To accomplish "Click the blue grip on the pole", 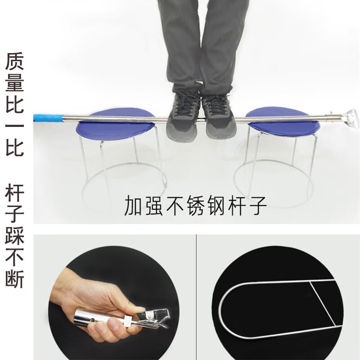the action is tap(48, 118).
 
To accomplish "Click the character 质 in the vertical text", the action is tap(15, 61).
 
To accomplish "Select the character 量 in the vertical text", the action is tap(15, 82).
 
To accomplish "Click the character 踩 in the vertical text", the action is tap(15, 236).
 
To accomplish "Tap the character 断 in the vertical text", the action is tap(15, 279).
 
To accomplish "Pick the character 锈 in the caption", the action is tap(197, 206).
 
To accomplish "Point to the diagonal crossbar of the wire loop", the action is tap(323, 303).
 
